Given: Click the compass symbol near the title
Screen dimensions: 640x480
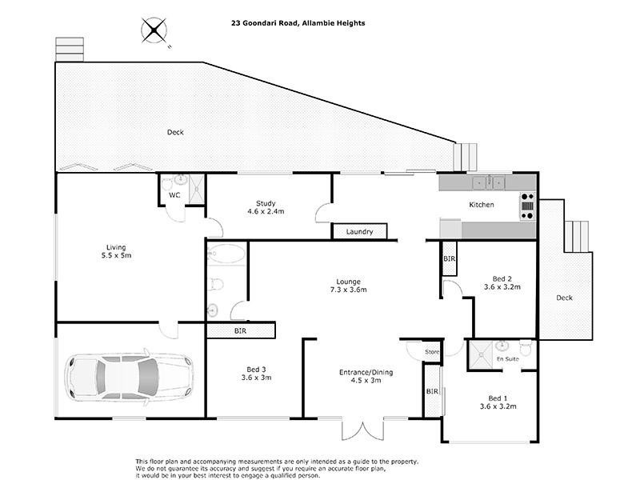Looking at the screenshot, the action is coord(154,30).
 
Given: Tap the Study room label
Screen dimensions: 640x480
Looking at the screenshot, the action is coord(266,203).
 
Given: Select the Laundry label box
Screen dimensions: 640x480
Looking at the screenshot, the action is coord(359,231).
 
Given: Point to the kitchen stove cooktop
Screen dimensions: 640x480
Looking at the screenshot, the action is coord(527,206).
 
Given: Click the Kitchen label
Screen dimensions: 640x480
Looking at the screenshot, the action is coord(482,205).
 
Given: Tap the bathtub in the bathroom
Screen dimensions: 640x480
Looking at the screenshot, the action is coord(226,254).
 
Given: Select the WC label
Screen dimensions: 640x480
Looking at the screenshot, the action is coord(174,195).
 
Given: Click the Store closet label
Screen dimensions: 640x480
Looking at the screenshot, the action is coord(432,351).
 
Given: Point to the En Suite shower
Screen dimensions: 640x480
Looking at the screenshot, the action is coord(481,354).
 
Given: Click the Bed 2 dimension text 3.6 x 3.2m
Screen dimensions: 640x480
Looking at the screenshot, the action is coord(502,287).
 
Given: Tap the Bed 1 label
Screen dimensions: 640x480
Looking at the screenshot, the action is coord(498,398).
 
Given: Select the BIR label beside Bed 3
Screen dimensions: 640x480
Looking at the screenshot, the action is coord(241,330).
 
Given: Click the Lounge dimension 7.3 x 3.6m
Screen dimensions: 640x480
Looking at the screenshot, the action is coord(348,290).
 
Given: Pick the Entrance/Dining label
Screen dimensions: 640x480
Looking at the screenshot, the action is coord(366,372).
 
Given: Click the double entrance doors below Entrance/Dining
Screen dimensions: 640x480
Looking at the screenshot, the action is coord(362,429).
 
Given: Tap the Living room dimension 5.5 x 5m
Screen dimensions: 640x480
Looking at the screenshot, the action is coord(116,255).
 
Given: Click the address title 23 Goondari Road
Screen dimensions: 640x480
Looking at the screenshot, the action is coord(266,23).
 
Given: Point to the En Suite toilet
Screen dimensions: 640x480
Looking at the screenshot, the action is coord(526,347).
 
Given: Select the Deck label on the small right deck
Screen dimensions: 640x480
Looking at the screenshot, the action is coord(565,298).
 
